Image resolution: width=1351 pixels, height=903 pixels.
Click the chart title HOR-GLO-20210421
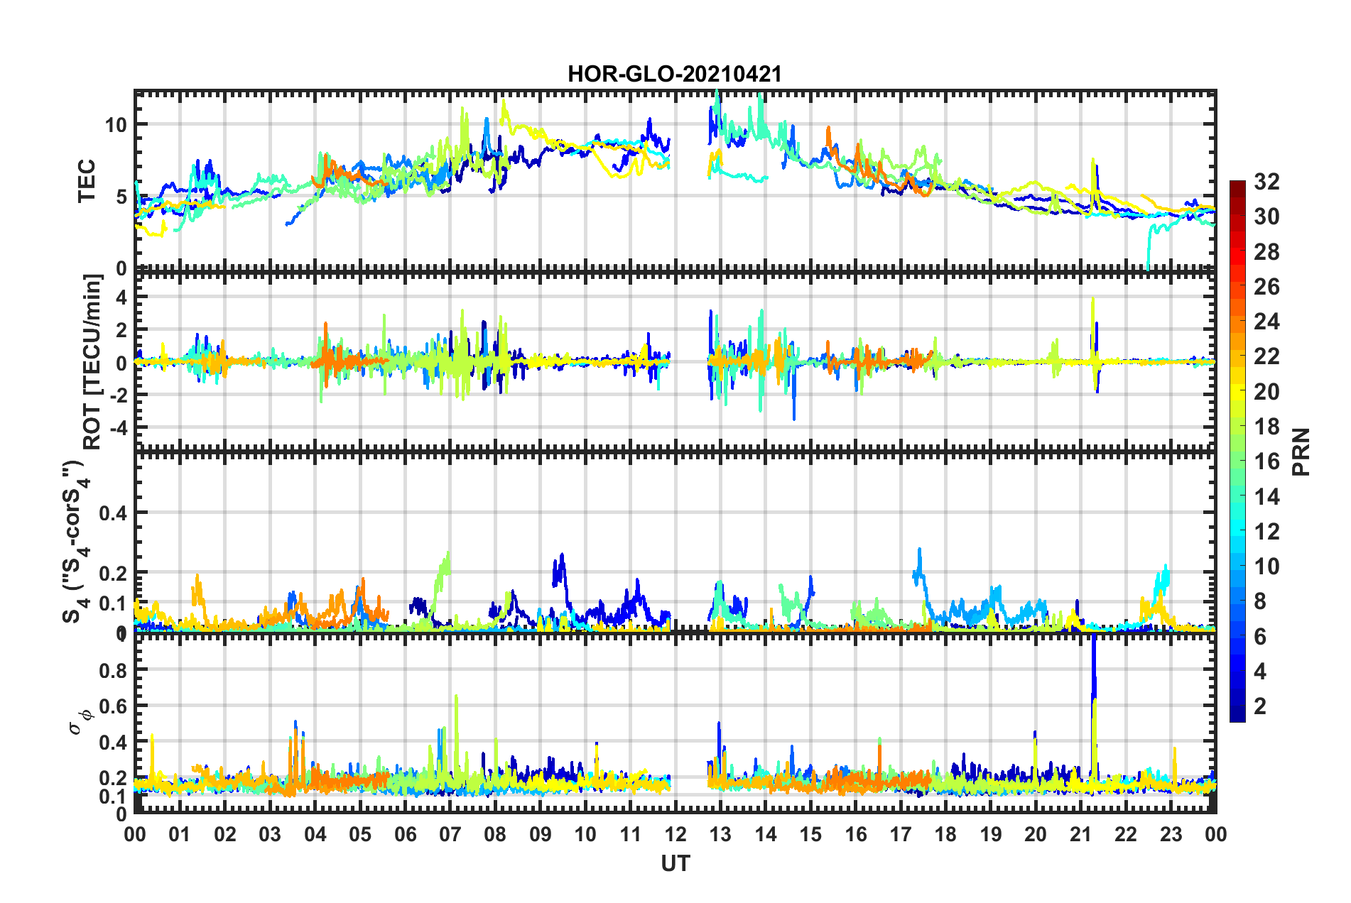pos(674,74)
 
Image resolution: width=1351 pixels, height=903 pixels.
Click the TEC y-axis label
pos(87,182)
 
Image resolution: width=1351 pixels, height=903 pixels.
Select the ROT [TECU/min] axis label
pos(92,361)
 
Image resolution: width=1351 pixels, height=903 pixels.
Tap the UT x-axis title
pos(675,863)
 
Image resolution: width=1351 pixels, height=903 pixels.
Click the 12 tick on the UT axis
pos(675,834)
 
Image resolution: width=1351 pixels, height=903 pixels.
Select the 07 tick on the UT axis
pos(450,834)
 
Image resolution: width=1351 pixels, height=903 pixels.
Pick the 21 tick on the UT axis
pos(1080,834)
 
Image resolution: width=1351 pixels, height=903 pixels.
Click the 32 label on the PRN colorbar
pos(1266,182)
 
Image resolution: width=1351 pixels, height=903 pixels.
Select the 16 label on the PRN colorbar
pos(1266,461)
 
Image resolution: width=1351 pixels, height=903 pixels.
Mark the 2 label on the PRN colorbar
pos(1261,706)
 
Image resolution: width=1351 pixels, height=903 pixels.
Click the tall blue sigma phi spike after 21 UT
pos(1094,660)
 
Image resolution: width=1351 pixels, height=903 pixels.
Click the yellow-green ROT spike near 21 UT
pos(1092,302)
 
